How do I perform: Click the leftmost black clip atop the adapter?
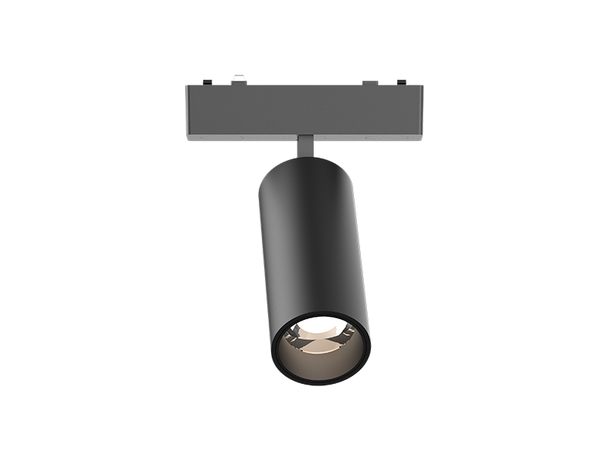[206, 81]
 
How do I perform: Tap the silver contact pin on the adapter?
[239, 76]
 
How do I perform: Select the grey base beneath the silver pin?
[239, 82]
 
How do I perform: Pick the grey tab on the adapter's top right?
[370, 82]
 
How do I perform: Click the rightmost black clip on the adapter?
[403, 81]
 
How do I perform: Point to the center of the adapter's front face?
[304, 110]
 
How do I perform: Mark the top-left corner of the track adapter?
[187, 86]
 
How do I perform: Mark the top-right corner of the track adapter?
[423, 86]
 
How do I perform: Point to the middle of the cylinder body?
[312, 244]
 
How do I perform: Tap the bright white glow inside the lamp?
[324, 330]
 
